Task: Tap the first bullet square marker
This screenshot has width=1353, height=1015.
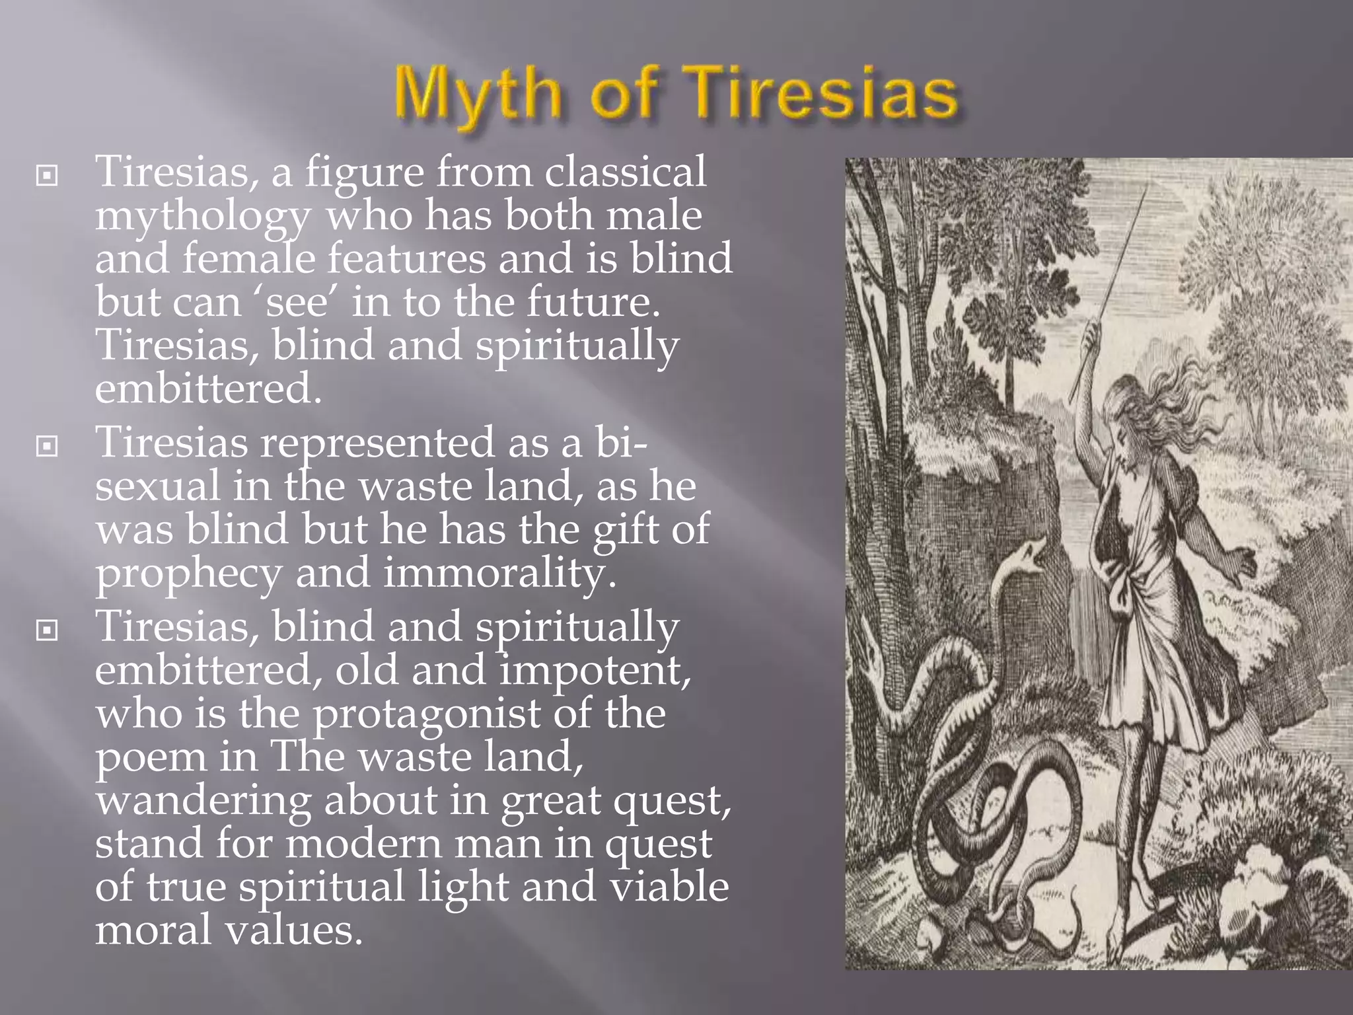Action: (46, 176)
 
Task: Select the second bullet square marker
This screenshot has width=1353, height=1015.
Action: (46, 447)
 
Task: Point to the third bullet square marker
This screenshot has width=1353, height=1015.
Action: (46, 630)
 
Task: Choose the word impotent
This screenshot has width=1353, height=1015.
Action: (595, 671)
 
